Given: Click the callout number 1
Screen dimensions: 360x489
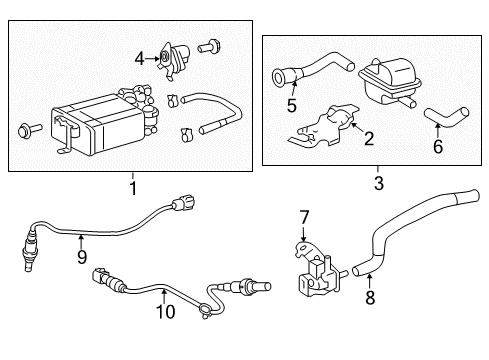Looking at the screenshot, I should (x=130, y=186).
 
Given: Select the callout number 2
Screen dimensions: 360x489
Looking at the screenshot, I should (x=368, y=138).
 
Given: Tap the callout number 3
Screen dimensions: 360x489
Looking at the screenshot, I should (x=377, y=186).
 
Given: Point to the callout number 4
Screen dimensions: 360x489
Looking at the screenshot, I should (x=140, y=58).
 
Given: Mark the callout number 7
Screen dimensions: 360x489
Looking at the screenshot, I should (x=304, y=216).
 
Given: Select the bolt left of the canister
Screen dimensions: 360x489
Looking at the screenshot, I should (x=26, y=129).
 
